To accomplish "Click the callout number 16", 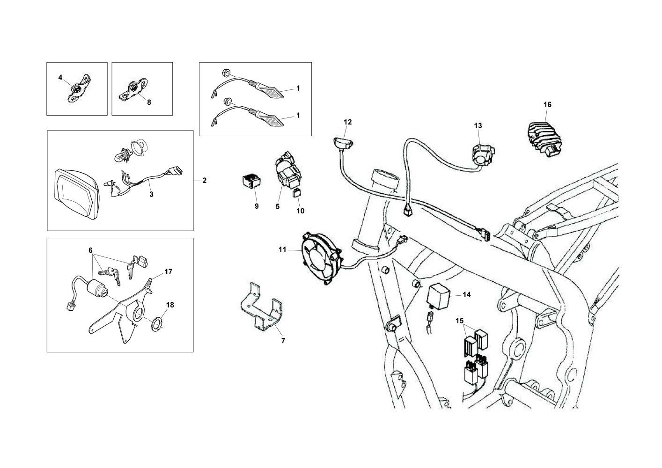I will click(x=547, y=104).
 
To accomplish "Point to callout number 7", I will click(x=282, y=341).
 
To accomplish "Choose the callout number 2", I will click(x=205, y=180).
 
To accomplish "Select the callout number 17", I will click(x=169, y=271).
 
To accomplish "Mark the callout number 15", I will click(x=459, y=321).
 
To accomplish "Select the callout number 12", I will click(x=347, y=122).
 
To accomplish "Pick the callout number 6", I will click(x=91, y=250).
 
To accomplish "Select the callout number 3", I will click(x=151, y=194).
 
